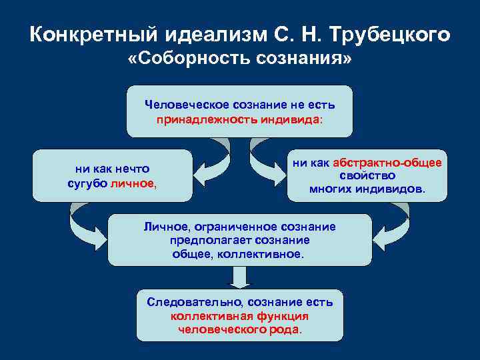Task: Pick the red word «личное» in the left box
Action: tap(132, 183)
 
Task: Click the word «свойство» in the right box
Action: tap(367, 176)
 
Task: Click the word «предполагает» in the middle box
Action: tap(204, 240)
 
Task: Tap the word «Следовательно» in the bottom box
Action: tap(190, 302)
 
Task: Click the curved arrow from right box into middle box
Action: tap(393, 223)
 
